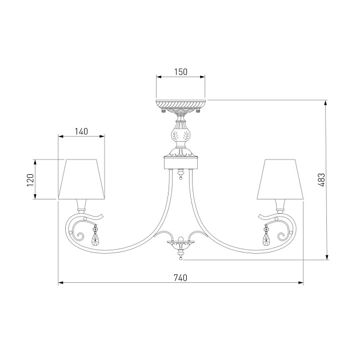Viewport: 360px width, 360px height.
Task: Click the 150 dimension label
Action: tap(181, 72)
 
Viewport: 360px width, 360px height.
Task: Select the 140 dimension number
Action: tap(81, 131)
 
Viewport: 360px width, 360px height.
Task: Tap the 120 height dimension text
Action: tap(30, 180)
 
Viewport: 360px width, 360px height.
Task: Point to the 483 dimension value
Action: tap(322, 180)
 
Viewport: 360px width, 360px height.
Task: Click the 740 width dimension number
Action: tap(181, 278)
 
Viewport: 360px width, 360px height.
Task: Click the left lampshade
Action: tap(82, 179)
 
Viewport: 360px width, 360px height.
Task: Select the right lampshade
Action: tap(280, 179)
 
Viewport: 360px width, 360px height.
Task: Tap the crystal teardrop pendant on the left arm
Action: tap(95, 236)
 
